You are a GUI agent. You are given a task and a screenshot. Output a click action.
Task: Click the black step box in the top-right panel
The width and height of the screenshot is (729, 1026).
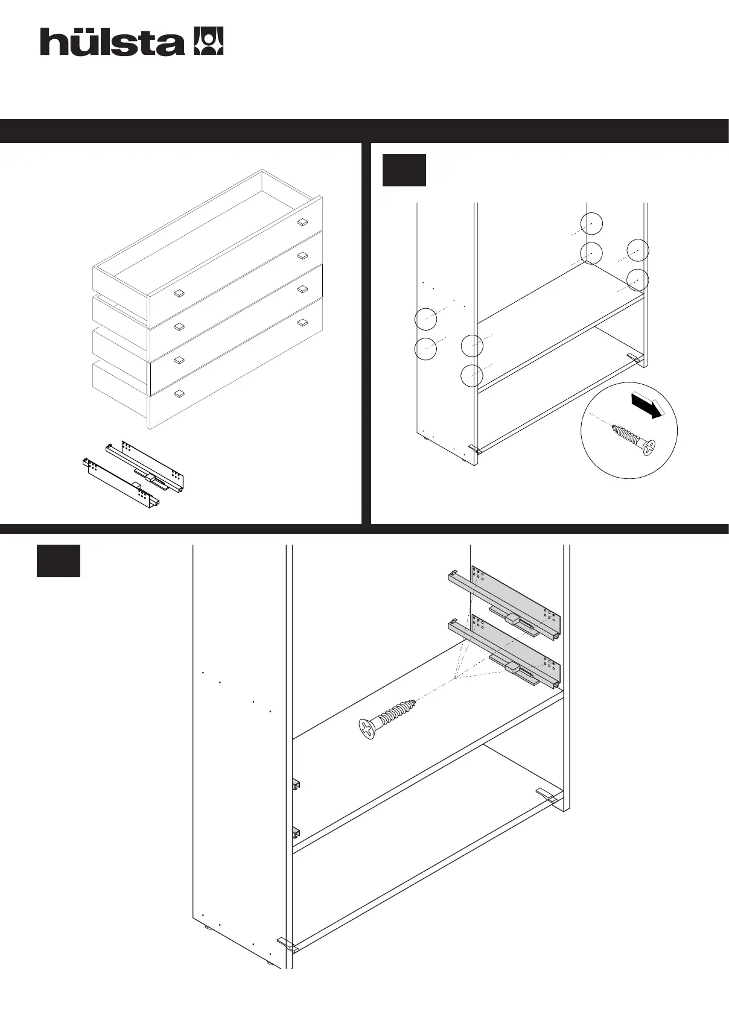[x=404, y=170]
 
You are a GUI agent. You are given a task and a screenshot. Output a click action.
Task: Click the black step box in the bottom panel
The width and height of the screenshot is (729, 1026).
[x=59, y=561]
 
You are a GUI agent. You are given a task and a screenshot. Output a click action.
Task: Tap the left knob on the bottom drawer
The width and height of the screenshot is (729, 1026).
[x=179, y=394]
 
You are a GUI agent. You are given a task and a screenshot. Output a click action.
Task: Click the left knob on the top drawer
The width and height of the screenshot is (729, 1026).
[x=179, y=294]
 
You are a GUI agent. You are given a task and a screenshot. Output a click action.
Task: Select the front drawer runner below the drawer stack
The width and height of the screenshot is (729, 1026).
[x=121, y=483]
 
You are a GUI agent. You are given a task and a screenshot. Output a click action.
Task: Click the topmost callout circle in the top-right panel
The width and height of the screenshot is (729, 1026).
[x=591, y=224]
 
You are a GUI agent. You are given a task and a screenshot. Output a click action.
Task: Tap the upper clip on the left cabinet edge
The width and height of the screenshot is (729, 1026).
[x=296, y=784]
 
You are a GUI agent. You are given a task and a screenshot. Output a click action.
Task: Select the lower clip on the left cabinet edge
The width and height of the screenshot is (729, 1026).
[x=296, y=833]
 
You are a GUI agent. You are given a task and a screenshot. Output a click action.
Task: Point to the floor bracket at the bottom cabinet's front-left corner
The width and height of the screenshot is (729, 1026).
[x=288, y=944]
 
